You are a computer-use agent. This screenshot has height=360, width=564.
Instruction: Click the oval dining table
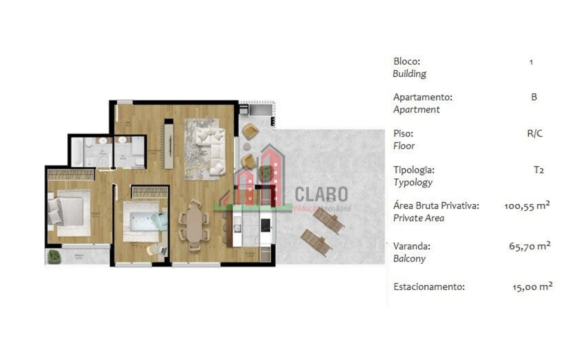pos(194,225)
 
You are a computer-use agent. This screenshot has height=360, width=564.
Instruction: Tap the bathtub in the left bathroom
pos(77,152)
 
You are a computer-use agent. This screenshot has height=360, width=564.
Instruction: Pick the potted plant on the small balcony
pos(54,256)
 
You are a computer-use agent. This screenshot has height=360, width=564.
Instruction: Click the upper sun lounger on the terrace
pos(328,219)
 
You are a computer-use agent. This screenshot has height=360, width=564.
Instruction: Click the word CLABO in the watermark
pos(321,194)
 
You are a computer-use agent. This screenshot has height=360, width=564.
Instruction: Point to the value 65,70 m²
pos(529,246)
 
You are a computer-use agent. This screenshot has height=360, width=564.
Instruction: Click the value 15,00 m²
pos(532,286)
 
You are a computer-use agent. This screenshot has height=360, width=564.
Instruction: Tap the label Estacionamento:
pos(429,287)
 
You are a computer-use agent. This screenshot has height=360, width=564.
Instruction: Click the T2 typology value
pos(538,170)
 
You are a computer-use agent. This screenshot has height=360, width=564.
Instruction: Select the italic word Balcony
pos(409,259)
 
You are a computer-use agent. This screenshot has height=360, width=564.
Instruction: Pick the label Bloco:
pos(406,61)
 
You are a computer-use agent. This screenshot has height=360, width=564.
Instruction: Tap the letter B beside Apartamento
pos(533,97)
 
